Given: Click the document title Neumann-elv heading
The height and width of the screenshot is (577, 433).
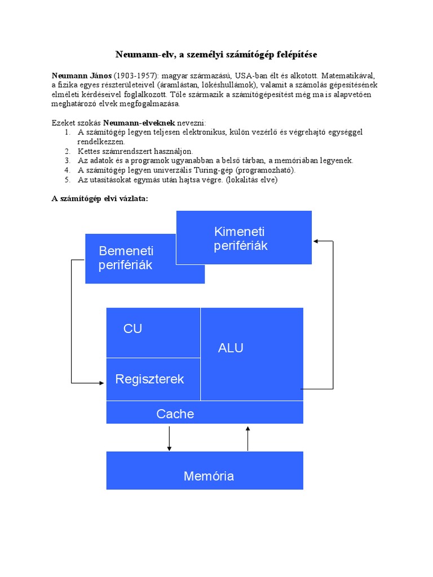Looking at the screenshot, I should pyautogui.click(x=216, y=55).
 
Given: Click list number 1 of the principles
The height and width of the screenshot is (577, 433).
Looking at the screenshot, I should pyautogui.click(x=67, y=132).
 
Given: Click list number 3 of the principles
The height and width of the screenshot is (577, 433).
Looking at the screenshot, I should pyautogui.click(x=67, y=161).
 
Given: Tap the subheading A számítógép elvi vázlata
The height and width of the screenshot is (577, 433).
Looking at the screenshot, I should pyautogui.click(x=100, y=199).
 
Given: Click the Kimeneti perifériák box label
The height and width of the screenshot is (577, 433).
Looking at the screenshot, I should pyautogui.click(x=241, y=239).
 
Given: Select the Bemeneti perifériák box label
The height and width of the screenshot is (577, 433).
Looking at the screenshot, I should pyautogui.click(x=126, y=258).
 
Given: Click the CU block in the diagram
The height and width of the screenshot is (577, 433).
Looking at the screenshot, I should pyautogui.click(x=133, y=329).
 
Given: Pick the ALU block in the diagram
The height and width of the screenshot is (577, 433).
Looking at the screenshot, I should pyautogui.click(x=231, y=348).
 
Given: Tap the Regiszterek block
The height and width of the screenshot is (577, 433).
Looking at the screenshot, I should pyautogui.click(x=150, y=379).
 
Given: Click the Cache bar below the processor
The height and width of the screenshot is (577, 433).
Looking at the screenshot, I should pyautogui.click(x=175, y=414).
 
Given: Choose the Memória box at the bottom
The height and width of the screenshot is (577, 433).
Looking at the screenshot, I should pyautogui.click(x=209, y=476).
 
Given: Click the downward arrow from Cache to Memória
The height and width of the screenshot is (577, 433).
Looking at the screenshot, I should pyautogui.click(x=169, y=438).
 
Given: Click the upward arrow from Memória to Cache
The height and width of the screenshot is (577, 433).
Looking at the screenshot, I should pyautogui.click(x=248, y=438).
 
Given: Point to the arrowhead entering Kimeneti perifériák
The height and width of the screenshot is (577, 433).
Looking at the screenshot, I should pyautogui.click(x=316, y=241).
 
